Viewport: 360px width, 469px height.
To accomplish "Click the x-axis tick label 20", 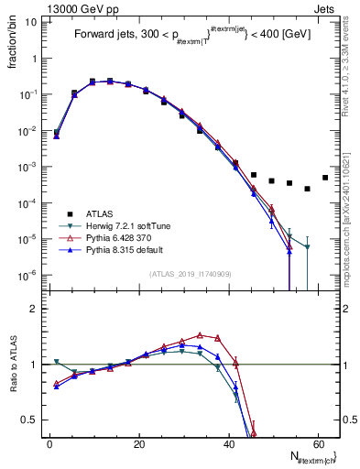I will pos(138,444).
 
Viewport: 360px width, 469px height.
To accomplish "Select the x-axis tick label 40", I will pos(228,444).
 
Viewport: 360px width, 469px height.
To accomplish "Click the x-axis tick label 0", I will pos(49,444).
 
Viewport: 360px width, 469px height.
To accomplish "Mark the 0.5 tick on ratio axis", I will pos(28,420).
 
